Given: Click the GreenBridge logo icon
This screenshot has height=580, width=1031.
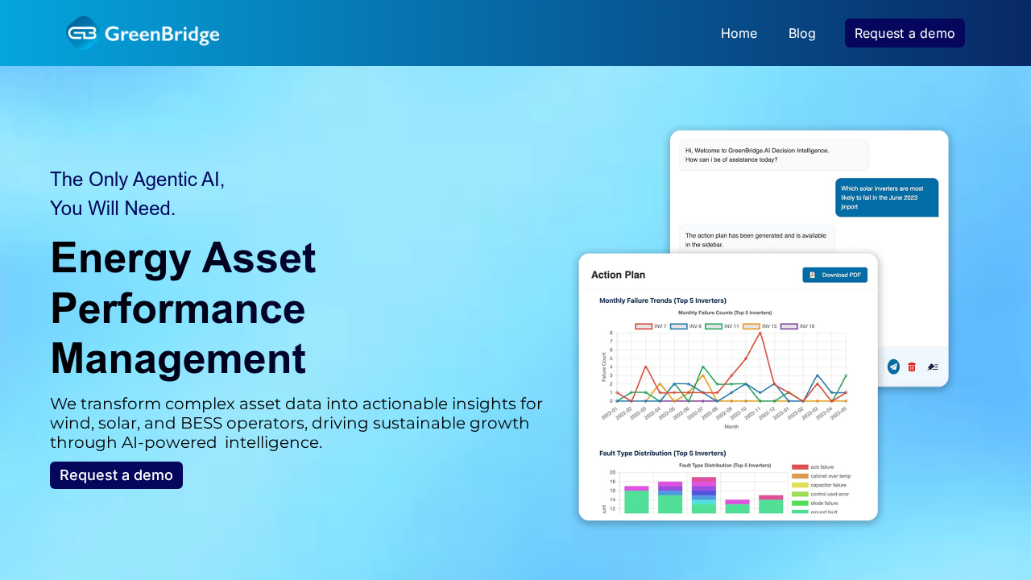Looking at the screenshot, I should click(x=81, y=33).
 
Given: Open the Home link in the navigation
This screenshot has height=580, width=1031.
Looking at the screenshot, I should click(x=739, y=33).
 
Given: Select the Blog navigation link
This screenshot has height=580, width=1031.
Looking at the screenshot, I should click(x=801, y=33).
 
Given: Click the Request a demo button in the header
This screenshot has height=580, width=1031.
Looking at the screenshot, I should click(x=905, y=33).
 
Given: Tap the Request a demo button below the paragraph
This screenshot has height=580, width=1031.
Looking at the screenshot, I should click(x=116, y=475).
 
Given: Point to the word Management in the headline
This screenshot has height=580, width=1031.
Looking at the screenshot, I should click(x=178, y=358).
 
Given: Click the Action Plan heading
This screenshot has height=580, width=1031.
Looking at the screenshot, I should click(x=618, y=275).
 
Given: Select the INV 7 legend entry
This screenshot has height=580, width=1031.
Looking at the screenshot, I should click(x=652, y=326).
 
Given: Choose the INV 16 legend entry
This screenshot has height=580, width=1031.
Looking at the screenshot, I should click(x=797, y=326).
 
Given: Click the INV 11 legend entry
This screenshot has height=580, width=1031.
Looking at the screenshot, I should click(x=723, y=326).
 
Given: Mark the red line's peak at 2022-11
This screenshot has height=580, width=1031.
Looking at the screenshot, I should click(x=760, y=333).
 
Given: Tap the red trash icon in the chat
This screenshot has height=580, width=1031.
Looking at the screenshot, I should click(x=912, y=367).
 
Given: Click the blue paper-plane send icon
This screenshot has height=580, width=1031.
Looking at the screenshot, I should click(x=893, y=367).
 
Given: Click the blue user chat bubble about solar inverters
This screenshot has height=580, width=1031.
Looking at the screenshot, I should click(x=886, y=197).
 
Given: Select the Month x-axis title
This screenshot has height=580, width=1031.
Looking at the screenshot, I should click(x=731, y=426).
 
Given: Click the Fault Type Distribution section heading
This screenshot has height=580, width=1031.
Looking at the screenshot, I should click(x=662, y=453).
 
